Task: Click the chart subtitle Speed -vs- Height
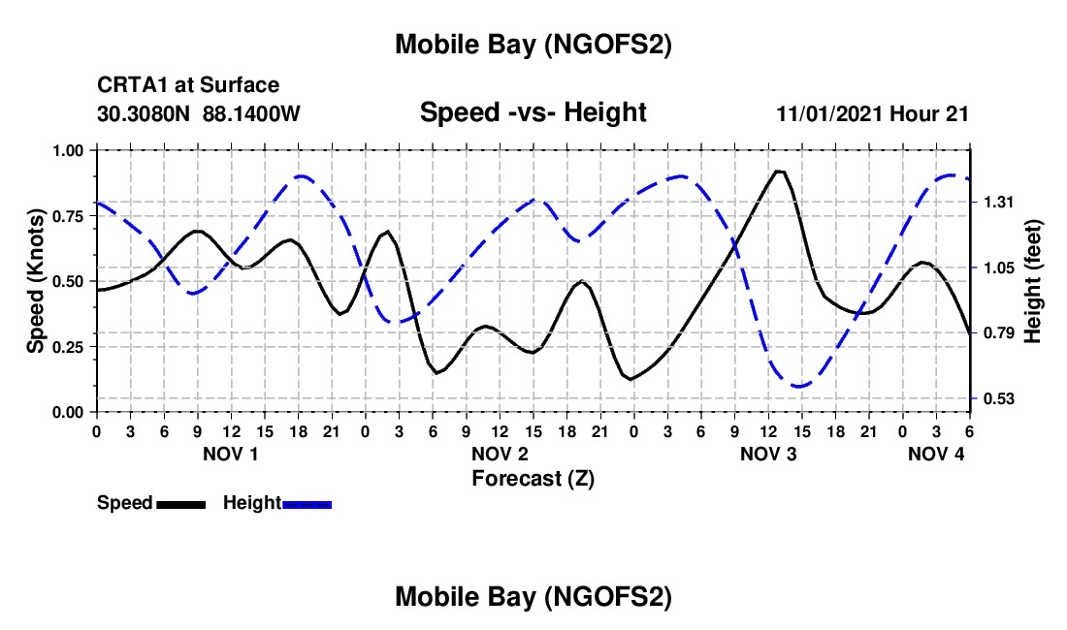[533, 112]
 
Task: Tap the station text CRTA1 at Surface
[188, 85]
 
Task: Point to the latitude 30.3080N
[145, 113]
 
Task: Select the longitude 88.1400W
[251, 113]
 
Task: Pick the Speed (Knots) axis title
[36, 281]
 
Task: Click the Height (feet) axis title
[1032, 281]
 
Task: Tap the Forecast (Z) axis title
[533, 478]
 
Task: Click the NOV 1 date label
[231, 454]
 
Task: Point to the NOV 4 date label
[936, 454]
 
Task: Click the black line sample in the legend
[180, 503]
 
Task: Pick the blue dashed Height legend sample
[307, 503]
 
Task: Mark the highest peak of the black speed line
[778, 172]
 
